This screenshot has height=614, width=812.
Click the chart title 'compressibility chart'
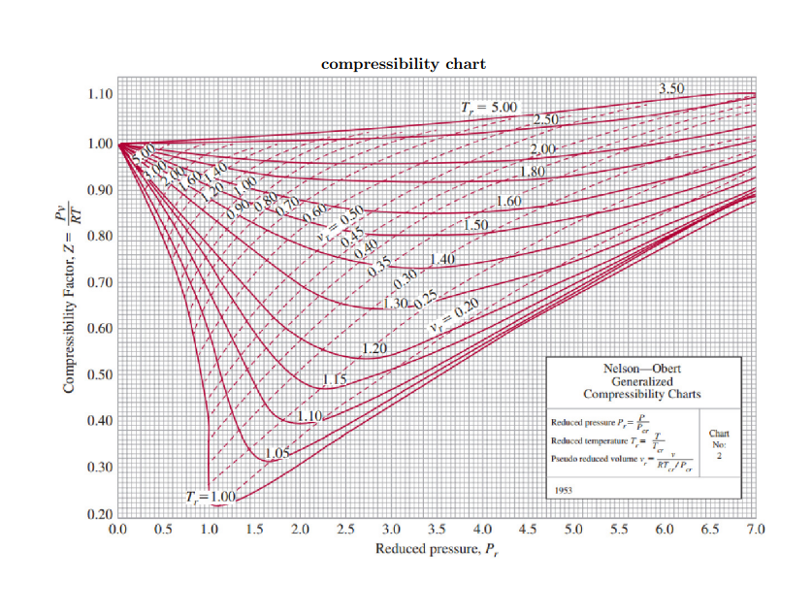click(x=404, y=64)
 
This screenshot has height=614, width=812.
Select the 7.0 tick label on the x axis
click(x=757, y=529)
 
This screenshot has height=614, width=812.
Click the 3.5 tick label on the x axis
click(x=438, y=529)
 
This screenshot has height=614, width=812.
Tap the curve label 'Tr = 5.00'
click(x=491, y=106)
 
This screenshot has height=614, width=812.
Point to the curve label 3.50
click(x=671, y=88)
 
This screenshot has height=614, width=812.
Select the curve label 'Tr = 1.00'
click(x=211, y=497)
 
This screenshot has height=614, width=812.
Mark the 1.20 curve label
click(x=374, y=348)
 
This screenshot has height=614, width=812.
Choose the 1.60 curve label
click(x=509, y=202)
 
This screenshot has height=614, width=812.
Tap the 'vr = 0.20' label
click(x=454, y=315)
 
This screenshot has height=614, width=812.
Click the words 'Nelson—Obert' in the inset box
click(x=642, y=369)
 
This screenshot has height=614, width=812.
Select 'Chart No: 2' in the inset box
click(x=719, y=443)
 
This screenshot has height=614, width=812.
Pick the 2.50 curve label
click(x=548, y=119)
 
